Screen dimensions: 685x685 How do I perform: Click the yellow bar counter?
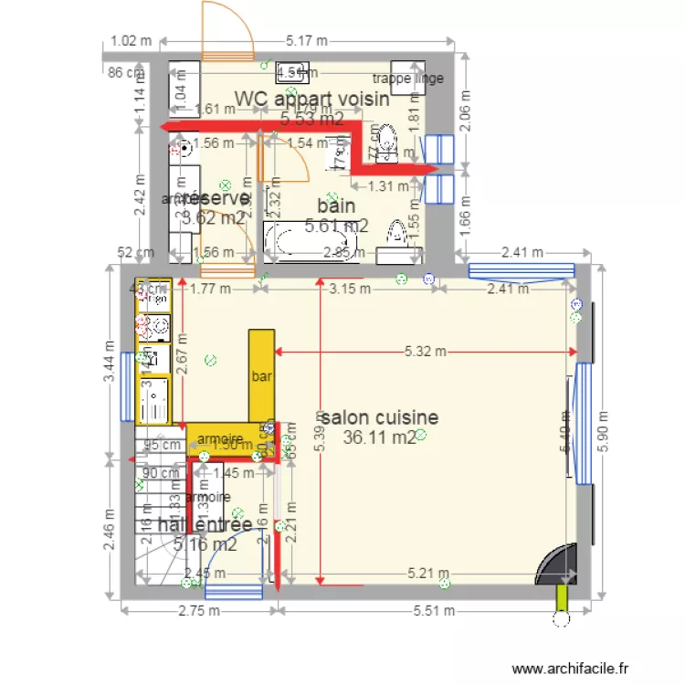tap(260, 374)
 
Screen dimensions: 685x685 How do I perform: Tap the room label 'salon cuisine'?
tap(379, 417)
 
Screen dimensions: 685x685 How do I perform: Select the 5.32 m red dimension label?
tap(427, 351)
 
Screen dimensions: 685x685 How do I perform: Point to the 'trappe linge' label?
tap(408, 79)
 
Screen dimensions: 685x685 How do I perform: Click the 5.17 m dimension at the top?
tap(307, 40)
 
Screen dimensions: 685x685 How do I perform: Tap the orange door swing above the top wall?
tap(227, 29)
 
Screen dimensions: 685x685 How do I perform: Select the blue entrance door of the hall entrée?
tap(233, 591)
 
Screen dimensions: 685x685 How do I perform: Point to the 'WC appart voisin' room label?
tap(312, 99)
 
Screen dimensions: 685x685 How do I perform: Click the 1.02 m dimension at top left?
tap(129, 40)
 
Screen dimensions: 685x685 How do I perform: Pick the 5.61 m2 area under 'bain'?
tap(336, 226)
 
